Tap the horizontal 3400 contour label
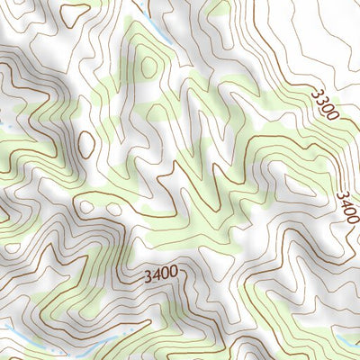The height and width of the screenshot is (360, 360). (160, 272)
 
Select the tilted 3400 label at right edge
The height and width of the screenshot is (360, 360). (346, 208)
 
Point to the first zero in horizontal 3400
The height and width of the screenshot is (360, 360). (166, 272)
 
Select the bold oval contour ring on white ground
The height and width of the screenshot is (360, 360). (86, 144)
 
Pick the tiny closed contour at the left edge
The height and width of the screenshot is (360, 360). (4, 215)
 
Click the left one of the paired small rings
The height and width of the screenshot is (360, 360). (87, 207)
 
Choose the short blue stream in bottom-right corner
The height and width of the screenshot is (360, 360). (346, 340)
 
